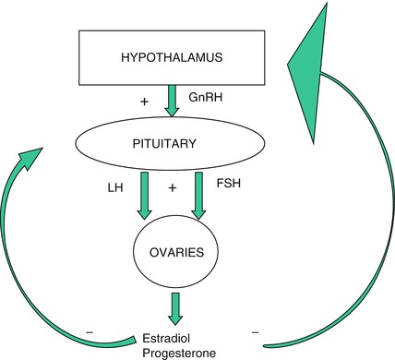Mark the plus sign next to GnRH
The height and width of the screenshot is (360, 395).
143,99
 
